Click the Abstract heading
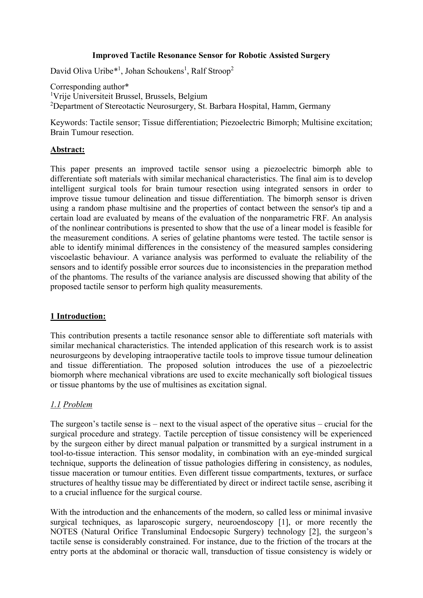point(67,150)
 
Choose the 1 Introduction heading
point(78,316)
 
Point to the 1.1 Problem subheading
point(71,404)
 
